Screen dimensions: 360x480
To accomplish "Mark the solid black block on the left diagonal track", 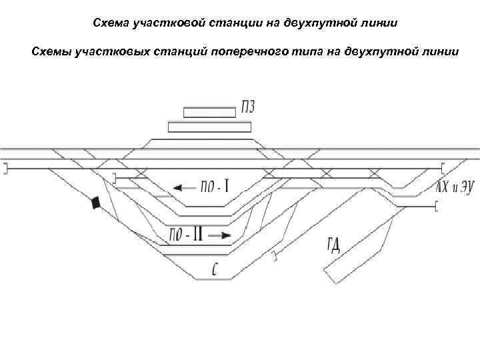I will click(x=97, y=202).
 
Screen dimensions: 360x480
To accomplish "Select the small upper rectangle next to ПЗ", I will click(x=209, y=111).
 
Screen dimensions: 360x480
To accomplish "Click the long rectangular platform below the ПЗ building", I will click(x=210, y=127).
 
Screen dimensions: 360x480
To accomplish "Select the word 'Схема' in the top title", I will click(x=111, y=23).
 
